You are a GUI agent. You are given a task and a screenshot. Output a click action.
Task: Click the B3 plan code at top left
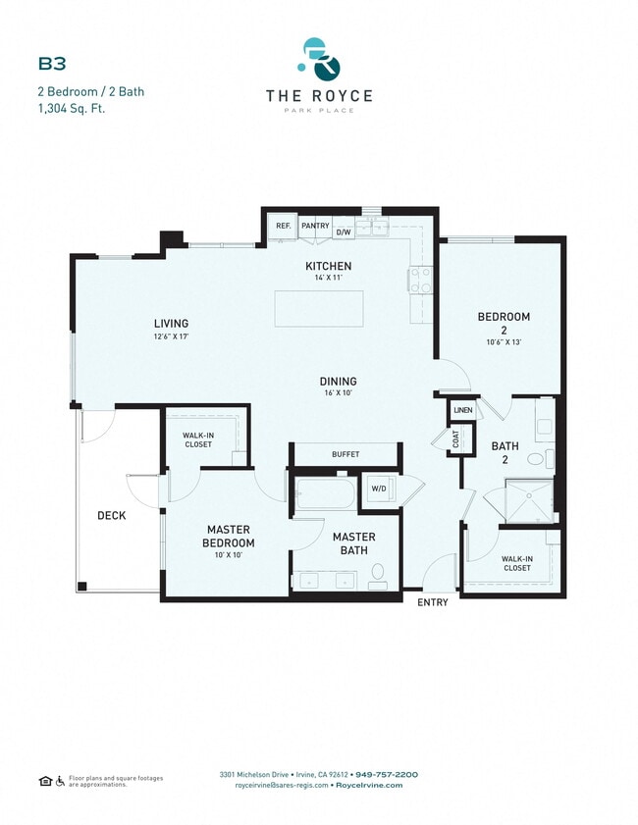[52, 64]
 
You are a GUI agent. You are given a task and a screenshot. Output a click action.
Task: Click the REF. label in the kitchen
[283, 226]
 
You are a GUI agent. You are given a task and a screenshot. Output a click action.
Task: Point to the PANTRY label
[315, 226]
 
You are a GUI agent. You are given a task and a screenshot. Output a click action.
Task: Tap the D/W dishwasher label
[344, 232]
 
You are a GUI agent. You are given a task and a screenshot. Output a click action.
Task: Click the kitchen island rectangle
[319, 308]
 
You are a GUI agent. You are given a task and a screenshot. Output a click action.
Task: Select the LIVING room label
[170, 323]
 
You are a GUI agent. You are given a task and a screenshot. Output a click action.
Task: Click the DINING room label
[337, 381]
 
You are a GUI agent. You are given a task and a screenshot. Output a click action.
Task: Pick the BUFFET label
[345, 454]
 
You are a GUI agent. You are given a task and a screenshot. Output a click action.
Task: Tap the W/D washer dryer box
[378, 488]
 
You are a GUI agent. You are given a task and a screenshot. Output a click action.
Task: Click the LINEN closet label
[462, 409]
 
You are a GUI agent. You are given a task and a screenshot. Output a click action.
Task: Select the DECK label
[110, 515]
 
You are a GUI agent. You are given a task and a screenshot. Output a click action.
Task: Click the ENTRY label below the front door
[432, 602]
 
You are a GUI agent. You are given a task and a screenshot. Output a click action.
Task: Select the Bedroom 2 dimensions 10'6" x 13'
[504, 342]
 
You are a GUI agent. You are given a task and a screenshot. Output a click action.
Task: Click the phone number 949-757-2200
[387, 774]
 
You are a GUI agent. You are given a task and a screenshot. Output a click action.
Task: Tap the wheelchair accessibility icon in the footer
[60, 781]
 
